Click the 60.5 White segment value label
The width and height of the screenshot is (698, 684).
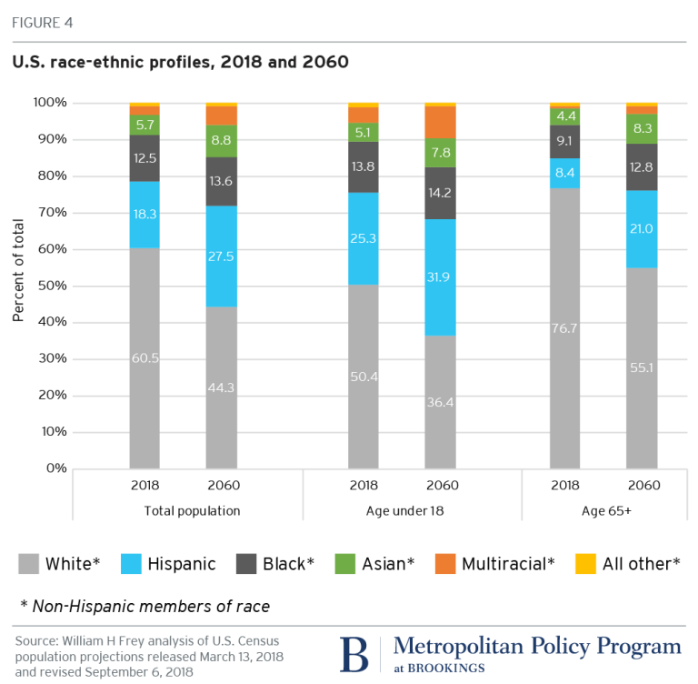145,358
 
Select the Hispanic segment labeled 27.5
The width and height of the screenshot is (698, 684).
221,256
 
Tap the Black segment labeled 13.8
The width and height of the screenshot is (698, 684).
364,167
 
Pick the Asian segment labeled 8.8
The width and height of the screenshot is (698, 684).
221,141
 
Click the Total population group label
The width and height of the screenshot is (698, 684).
192,511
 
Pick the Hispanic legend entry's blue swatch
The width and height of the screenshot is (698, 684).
133,564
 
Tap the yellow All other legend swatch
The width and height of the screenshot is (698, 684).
587,564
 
